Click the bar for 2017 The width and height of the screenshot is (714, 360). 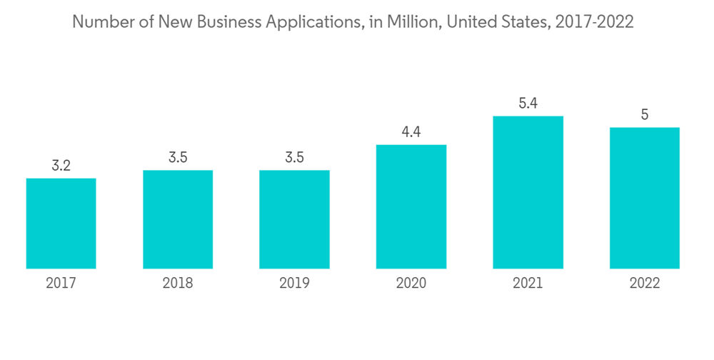click(x=61, y=223)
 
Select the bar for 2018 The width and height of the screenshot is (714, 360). click(x=178, y=219)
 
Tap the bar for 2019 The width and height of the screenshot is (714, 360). click(x=294, y=219)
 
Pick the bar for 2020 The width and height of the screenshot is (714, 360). click(x=411, y=206)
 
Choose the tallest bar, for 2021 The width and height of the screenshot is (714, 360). click(x=528, y=192)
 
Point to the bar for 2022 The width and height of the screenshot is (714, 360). click(x=644, y=198)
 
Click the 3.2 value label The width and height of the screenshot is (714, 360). click(x=61, y=166)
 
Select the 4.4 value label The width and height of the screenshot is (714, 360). click(x=411, y=133)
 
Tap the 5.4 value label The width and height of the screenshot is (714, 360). click(x=528, y=104)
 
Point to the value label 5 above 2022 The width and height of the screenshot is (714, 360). click(x=644, y=115)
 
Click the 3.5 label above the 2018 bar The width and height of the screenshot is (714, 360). click(x=178, y=158)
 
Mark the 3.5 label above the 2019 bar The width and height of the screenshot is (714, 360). click(x=294, y=158)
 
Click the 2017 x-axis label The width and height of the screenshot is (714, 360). click(x=61, y=284)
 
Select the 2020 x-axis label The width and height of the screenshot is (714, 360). click(x=411, y=284)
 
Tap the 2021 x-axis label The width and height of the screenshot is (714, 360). click(x=528, y=284)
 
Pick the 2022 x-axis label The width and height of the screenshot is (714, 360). click(x=644, y=284)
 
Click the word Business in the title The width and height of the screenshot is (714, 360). click(x=231, y=22)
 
